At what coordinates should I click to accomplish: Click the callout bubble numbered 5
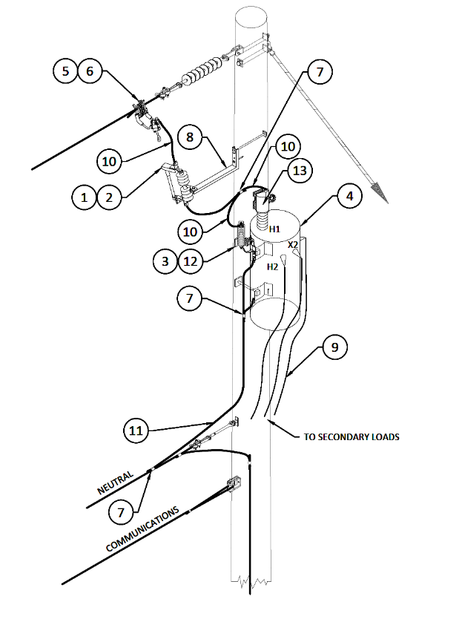click(66, 71)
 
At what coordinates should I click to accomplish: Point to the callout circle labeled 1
click(85, 197)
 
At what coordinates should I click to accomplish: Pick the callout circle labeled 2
click(110, 197)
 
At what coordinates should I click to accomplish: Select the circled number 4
click(349, 197)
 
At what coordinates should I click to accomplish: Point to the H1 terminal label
click(275, 229)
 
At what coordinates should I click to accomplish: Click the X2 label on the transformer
click(293, 244)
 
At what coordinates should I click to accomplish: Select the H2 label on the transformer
click(272, 266)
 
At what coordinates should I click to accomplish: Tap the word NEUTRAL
click(115, 483)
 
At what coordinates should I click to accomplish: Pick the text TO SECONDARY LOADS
click(352, 436)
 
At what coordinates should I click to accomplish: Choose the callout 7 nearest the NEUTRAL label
click(122, 511)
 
